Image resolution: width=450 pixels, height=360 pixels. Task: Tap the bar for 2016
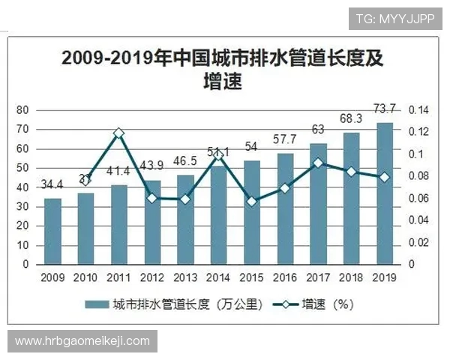284,209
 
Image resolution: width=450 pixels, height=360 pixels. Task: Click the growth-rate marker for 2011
118,133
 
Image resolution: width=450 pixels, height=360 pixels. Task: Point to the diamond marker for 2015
251,201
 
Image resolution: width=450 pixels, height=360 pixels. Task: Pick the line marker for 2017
318,163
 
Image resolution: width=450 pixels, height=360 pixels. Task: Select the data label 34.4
52,184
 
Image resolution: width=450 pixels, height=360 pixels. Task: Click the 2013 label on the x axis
184,277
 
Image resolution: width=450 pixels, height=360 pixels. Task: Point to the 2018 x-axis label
350,277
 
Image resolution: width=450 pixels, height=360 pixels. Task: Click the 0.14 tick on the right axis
418,110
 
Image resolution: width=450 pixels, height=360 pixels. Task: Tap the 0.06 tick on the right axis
418,199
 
